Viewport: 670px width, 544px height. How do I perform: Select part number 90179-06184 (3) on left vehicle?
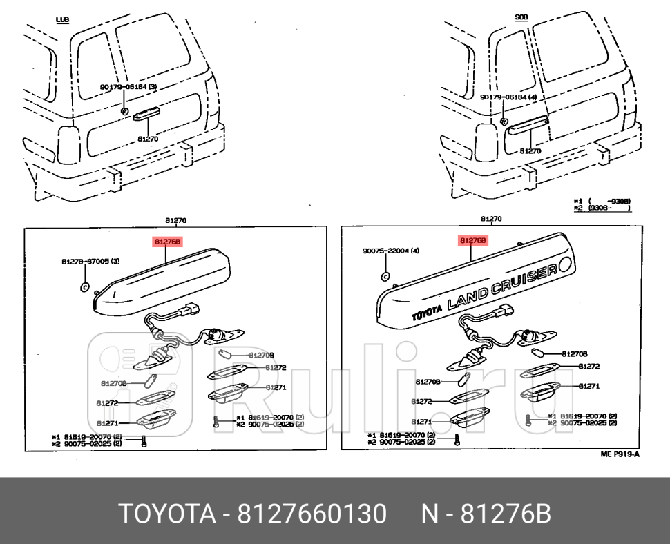pos(128,87)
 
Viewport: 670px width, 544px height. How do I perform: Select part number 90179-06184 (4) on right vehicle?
pos(508,98)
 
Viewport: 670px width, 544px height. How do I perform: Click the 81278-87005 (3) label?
pos(90,262)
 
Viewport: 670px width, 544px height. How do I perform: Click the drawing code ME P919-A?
pos(620,454)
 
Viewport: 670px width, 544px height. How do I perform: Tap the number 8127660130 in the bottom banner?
pos(312,514)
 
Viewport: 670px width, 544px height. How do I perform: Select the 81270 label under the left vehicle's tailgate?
pos(148,138)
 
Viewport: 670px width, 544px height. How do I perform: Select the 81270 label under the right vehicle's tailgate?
pos(530,150)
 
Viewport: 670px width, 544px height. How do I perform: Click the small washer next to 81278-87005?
pos(84,286)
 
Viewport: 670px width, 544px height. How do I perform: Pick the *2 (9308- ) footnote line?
pos(602,206)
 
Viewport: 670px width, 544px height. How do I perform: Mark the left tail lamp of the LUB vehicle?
pos(68,143)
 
